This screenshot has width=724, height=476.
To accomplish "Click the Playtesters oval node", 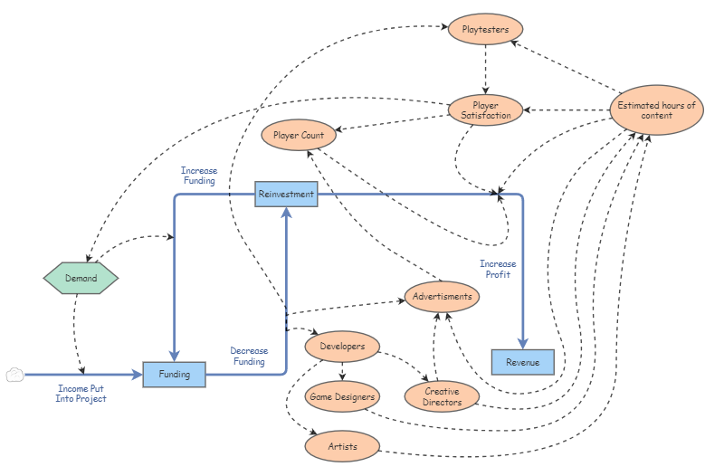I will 486,30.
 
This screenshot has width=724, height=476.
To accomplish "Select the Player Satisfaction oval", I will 486,110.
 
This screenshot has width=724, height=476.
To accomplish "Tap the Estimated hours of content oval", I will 656,110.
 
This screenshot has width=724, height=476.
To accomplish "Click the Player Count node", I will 299,136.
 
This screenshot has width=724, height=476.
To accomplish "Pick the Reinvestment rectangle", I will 286,194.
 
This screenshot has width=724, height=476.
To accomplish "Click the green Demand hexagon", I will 81,279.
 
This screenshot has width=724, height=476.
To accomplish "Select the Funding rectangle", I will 175,374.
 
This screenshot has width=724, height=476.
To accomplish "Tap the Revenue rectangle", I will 522,362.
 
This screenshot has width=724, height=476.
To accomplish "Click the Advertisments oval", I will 442,296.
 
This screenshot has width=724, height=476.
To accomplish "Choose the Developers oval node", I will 342,347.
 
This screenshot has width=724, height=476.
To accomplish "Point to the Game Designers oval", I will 342,396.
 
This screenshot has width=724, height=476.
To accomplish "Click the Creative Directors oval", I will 442,396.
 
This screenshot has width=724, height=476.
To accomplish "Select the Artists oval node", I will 342,446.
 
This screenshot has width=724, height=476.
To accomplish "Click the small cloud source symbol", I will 14,375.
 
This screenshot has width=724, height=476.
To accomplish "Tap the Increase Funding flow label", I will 198,176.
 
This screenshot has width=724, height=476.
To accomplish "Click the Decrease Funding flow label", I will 248,357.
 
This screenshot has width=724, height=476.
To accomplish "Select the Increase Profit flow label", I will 498,269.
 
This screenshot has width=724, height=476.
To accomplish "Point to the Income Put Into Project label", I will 81,393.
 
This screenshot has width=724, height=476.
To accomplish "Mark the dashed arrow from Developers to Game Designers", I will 342,371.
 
